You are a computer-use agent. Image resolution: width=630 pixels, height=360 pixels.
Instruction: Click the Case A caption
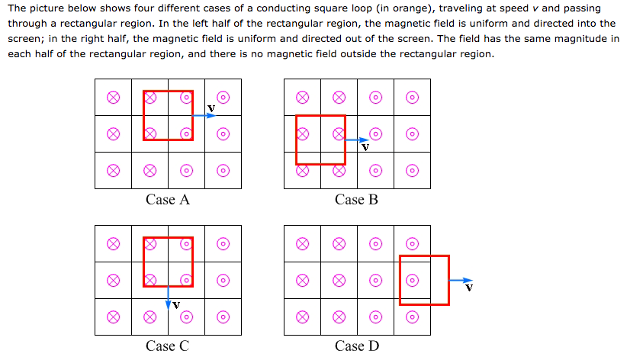[x=167, y=200]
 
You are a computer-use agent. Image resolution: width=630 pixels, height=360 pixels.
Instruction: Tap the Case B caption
[x=356, y=200]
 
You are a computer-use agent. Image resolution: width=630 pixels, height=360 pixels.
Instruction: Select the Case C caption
[x=167, y=346]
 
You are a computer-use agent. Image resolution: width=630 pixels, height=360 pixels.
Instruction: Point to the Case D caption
[x=356, y=346]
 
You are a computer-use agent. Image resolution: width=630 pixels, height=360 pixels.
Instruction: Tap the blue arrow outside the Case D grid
[x=461, y=281]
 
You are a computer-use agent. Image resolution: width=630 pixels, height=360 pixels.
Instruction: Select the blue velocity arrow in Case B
[x=356, y=140]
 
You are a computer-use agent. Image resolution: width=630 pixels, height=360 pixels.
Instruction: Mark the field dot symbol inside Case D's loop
[x=412, y=281]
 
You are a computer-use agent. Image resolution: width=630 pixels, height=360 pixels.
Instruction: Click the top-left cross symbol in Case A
[x=113, y=97]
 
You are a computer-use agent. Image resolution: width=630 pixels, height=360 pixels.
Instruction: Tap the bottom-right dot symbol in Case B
[x=412, y=171]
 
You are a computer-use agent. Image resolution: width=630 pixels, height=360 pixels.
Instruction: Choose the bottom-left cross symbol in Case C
[x=113, y=317]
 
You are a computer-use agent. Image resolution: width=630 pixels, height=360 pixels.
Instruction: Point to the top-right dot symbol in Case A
[x=223, y=97]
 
